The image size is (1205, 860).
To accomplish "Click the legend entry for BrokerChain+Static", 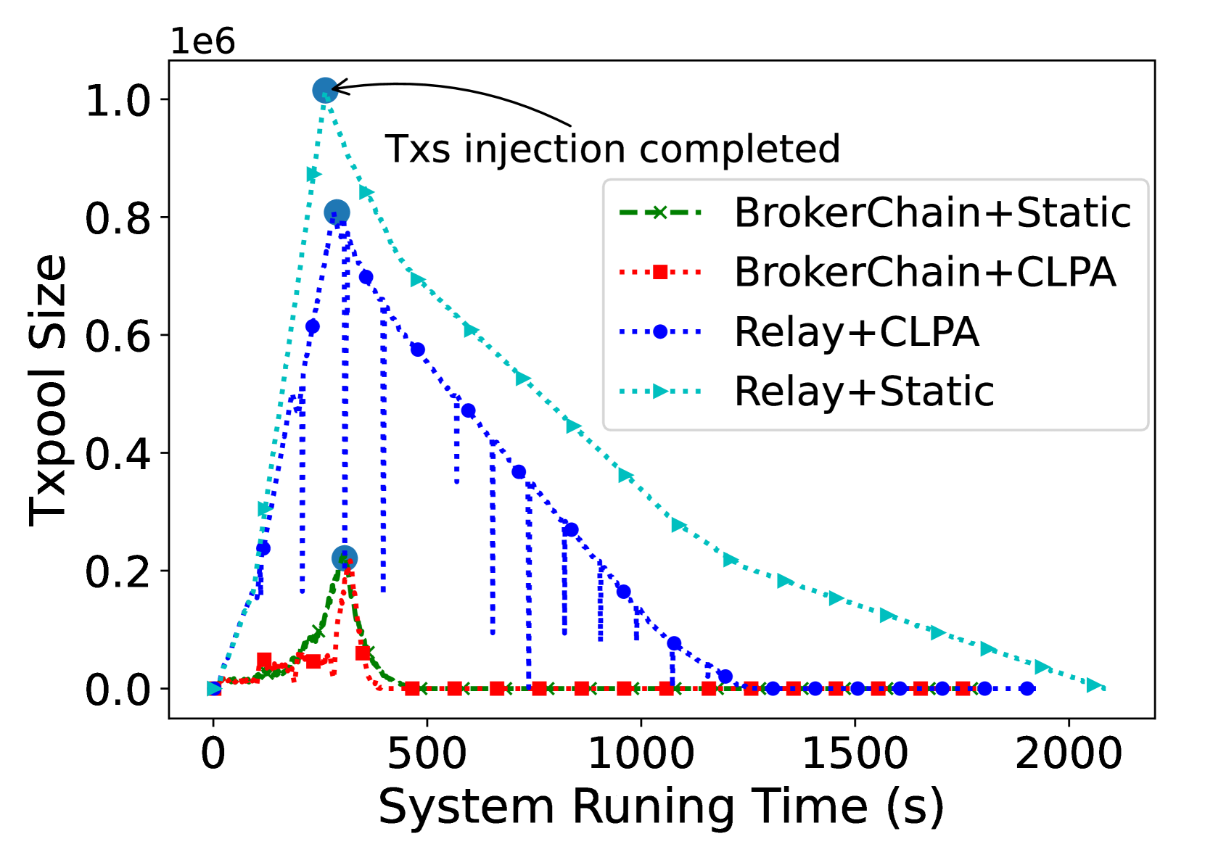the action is click(x=875, y=213).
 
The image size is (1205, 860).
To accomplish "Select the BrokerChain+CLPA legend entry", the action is click(x=867, y=272).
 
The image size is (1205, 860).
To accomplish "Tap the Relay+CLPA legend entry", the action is click(x=799, y=332).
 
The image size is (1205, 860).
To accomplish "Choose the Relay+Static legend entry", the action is click(x=807, y=391).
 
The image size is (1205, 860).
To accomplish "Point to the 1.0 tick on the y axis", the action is click(x=118, y=100).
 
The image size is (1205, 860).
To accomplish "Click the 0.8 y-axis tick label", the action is click(x=118, y=218).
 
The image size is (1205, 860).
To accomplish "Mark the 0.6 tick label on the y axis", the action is click(x=118, y=336).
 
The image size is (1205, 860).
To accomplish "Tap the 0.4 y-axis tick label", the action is click(x=118, y=453).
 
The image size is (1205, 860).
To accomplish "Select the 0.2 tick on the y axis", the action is click(x=118, y=571).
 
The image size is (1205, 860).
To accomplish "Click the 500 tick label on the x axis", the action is click(x=427, y=754).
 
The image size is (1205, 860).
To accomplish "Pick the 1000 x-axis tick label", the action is click(x=641, y=754).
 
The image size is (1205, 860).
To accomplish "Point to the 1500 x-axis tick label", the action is click(x=855, y=754).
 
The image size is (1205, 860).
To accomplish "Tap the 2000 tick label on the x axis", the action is click(x=1069, y=754).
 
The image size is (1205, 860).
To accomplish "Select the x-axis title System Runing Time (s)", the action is click(x=661, y=807).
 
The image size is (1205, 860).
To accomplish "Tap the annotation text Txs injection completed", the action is click(x=612, y=149).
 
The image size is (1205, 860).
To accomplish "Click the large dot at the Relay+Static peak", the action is click(x=326, y=90).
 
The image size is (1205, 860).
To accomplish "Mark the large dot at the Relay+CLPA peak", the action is click(x=337, y=212).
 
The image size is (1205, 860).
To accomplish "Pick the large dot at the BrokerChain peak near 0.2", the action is click(x=345, y=558).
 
